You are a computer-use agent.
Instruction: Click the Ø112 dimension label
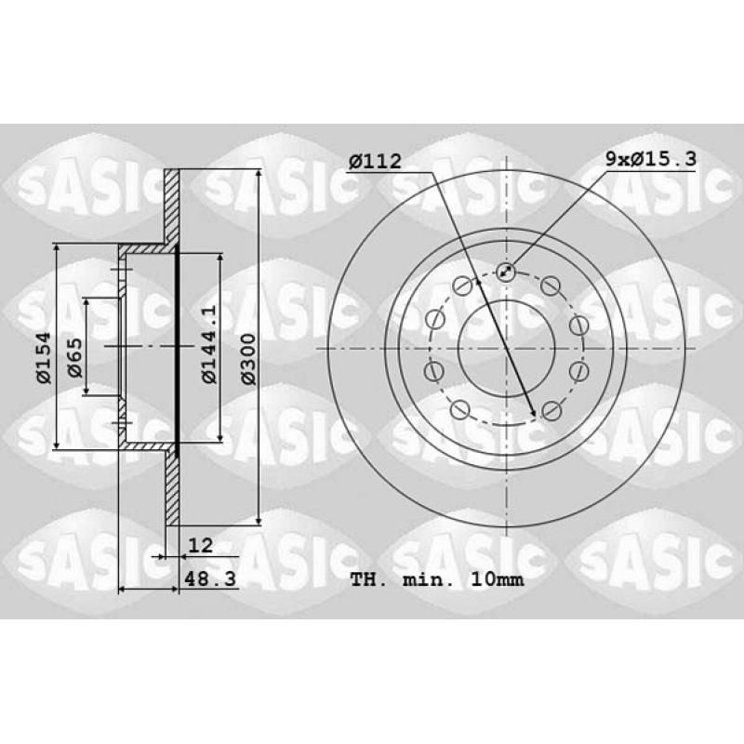click(375, 161)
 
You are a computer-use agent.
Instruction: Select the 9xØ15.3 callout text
click(651, 158)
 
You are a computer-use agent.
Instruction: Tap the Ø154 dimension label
click(44, 357)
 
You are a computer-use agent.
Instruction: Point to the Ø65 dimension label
click(75, 357)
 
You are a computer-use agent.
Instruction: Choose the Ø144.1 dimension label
click(209, 343)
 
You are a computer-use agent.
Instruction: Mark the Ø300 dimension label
click(248, 359)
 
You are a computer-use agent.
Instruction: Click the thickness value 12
click(200, 545)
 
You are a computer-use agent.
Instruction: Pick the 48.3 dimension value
click(210, 578)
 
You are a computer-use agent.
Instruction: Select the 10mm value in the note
click(498, 579)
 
